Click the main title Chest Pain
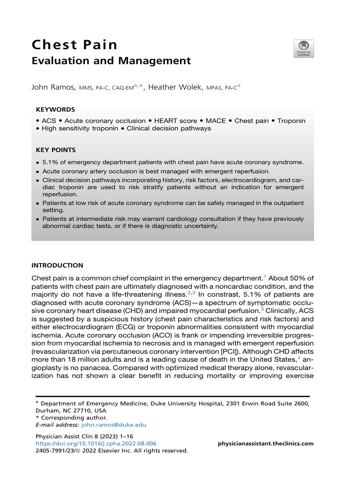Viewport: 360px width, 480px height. tap(74, 45)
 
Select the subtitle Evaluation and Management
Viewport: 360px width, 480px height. tap(111, 61)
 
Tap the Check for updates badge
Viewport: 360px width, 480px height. tap(304, 49)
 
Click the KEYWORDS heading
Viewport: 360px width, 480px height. tap(55, 109)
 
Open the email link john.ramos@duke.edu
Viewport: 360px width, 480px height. tap(113, 425)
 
